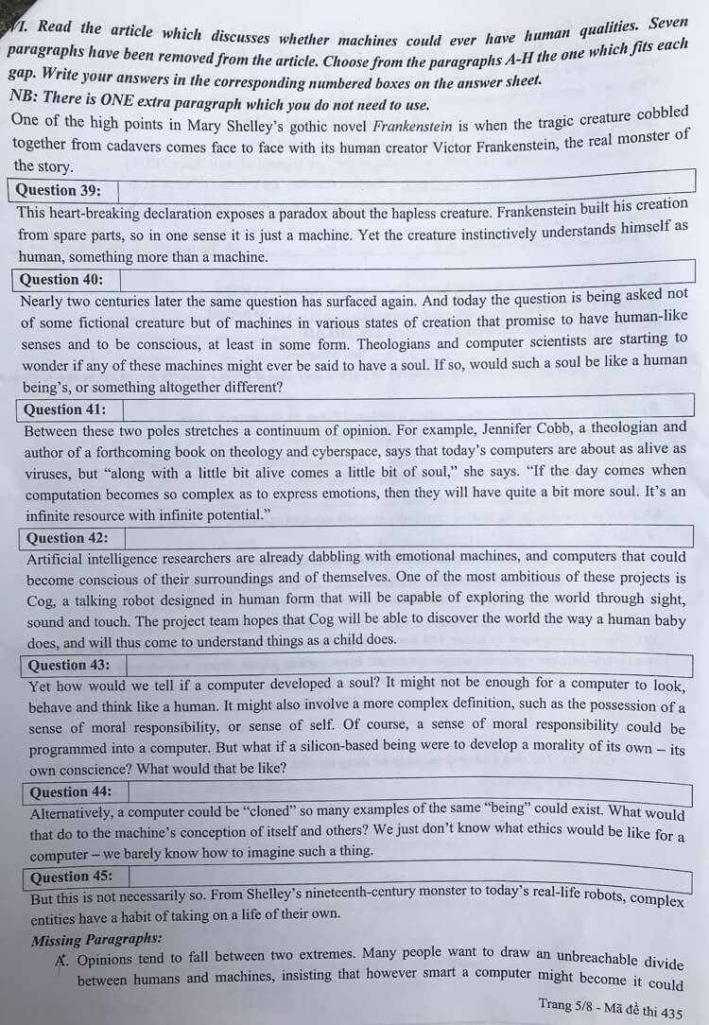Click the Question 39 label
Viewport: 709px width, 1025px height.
click(x=60, y=189)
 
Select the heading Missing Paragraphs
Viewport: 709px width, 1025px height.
click(x=96, y=940)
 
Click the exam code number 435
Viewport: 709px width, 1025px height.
click(x=671, y=1013)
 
